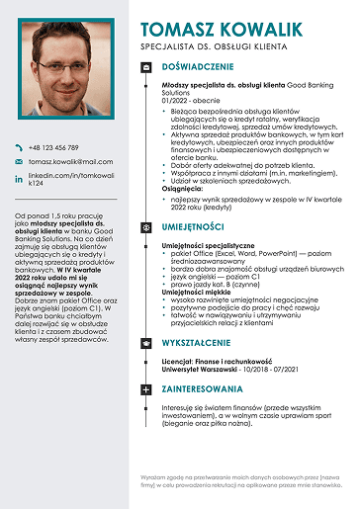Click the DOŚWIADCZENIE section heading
click(199, 67)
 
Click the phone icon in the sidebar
click(18, 146)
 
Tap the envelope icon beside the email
click(18, 160)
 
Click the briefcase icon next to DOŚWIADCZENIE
click(146, 67)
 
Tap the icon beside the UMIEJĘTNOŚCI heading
click(146, 226)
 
